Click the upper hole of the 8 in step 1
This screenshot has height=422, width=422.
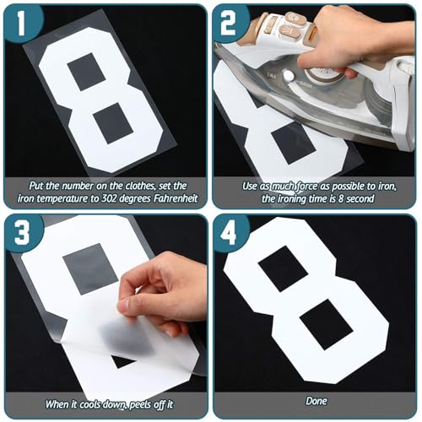(x=87, y=72)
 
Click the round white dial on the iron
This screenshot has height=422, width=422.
(x=289, y=76)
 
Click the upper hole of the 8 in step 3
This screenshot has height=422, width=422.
(x=89, y=268)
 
